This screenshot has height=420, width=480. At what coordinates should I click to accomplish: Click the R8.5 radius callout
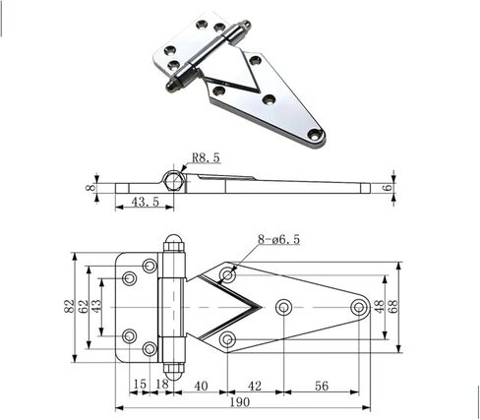(206, 158)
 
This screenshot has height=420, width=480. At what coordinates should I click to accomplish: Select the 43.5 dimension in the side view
(145, 202)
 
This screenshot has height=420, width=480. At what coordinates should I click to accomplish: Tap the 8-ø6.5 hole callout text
(278, 240)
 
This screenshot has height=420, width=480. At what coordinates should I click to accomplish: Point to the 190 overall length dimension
(240, 402)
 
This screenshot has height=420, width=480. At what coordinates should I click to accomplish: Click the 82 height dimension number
(70, 307)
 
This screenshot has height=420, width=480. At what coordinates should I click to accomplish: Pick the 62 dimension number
(83, 307)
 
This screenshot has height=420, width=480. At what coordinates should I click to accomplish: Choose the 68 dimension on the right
(392, 306)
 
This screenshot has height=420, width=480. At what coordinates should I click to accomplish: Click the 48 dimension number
(380, 306)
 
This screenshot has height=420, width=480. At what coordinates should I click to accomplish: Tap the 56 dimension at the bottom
(322, 386)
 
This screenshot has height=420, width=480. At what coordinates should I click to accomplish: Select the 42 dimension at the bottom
(255, 386)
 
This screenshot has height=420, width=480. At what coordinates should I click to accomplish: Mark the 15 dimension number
(140, 384)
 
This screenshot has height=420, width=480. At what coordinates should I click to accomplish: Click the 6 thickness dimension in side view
(389, 188)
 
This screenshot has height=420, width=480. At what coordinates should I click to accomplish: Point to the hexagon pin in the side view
(173, 180)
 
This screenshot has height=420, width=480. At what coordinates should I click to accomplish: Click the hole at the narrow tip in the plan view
(358, 307)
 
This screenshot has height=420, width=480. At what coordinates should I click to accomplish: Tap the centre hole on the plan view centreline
(283, 307)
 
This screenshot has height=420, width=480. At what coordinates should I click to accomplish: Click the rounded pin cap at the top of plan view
(173, 242)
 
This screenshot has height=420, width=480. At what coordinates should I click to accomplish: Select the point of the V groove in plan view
(262, 307)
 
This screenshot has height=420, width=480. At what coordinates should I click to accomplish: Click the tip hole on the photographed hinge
(314, 133)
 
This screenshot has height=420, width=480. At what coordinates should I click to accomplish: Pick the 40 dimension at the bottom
(201, 386)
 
